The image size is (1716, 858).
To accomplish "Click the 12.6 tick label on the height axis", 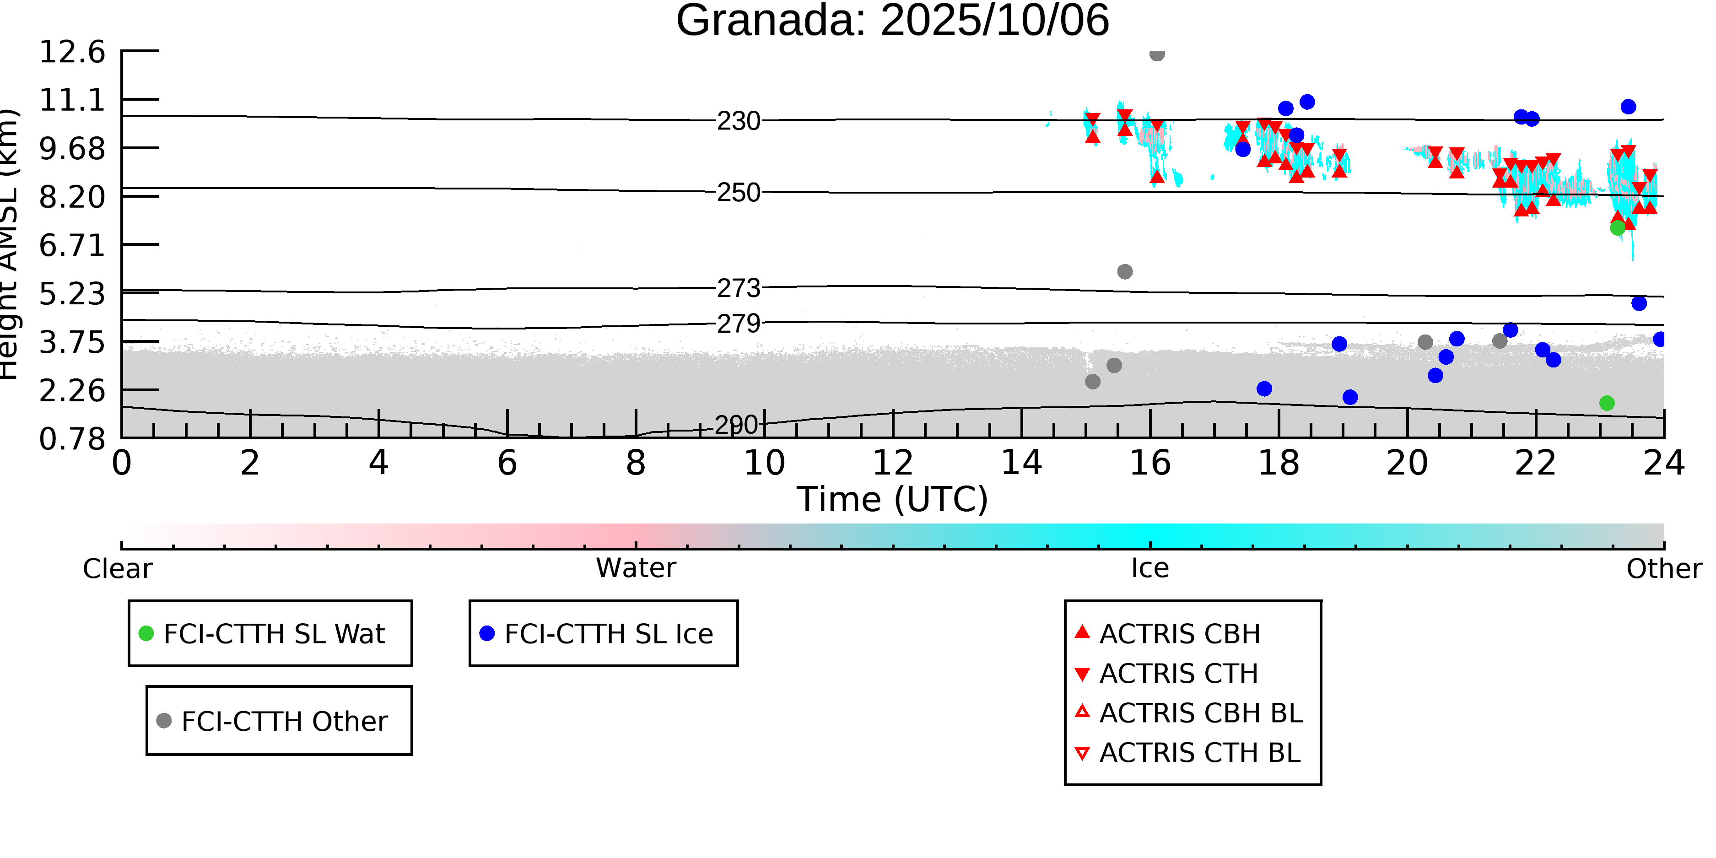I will click(72, 52).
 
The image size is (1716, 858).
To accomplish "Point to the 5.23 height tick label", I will click(72, 294).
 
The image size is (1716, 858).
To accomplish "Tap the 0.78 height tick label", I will click(72, 439).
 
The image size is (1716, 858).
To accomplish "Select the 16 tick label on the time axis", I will click(1150, 463).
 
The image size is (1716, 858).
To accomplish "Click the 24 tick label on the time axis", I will click(1663, 463).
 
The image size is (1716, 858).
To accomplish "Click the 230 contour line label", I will click(738, 121).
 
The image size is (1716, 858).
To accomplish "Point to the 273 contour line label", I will click(738, 288).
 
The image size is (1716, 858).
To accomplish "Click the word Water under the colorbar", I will click(636, 568).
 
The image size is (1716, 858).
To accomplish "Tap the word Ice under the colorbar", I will click(1150, 568).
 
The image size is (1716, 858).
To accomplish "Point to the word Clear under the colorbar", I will click(117, 569).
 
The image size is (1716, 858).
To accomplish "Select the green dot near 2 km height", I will click(1607, 403).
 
